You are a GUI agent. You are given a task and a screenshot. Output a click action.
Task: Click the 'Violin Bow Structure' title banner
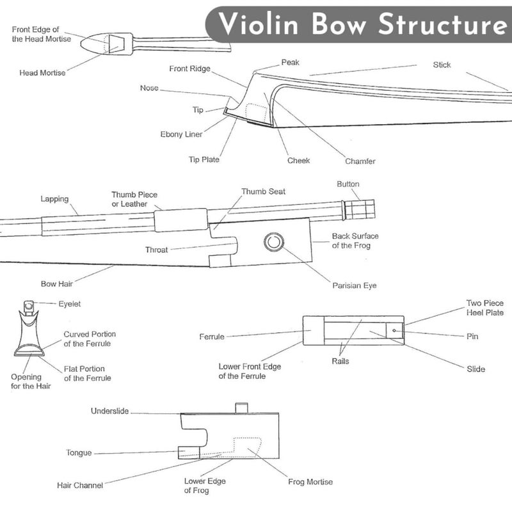(358, 24)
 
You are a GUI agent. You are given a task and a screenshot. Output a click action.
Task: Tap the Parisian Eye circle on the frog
(274, 242)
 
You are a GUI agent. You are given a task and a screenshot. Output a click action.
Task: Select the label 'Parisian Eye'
(355, 285)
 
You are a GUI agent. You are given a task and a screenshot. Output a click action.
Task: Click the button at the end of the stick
(358, 209)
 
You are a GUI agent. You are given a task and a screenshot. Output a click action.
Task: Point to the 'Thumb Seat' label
(263, 192)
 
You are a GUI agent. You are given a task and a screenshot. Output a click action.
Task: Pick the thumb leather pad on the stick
(181, 220)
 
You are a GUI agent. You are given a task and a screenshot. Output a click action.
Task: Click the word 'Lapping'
(54, 199)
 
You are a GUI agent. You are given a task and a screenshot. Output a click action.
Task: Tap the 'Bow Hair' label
(57, 283)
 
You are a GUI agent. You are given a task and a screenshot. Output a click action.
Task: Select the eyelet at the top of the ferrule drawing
(29, 307)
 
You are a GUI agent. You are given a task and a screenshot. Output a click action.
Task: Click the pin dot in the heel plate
(394, 331)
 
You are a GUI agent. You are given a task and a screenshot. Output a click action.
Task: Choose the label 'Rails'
(340, 361)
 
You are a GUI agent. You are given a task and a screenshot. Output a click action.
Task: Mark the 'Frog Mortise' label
(310, 482)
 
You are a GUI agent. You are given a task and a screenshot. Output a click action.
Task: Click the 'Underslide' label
(109, 411)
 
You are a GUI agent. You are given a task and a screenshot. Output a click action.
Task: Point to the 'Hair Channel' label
(80, 486)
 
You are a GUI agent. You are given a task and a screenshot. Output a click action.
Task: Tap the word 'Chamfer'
(360, 161)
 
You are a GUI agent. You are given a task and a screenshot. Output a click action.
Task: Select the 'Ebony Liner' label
(181, 134)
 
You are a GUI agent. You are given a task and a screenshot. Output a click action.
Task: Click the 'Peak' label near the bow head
(291, 62)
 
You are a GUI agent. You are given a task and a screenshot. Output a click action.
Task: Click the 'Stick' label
(442, 65)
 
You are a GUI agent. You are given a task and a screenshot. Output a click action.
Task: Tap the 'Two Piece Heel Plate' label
(485, 308)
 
